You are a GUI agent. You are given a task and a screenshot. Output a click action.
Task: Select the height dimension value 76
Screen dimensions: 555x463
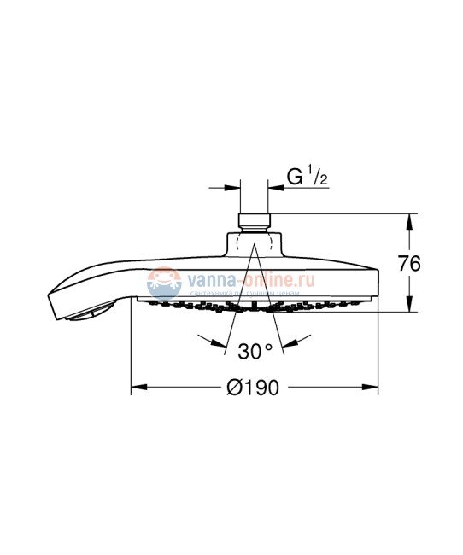point(410,264)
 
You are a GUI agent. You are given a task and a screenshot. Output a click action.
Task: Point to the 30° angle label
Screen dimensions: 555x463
point(255,349)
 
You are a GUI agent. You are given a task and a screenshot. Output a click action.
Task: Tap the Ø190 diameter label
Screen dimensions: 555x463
point(255,388)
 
